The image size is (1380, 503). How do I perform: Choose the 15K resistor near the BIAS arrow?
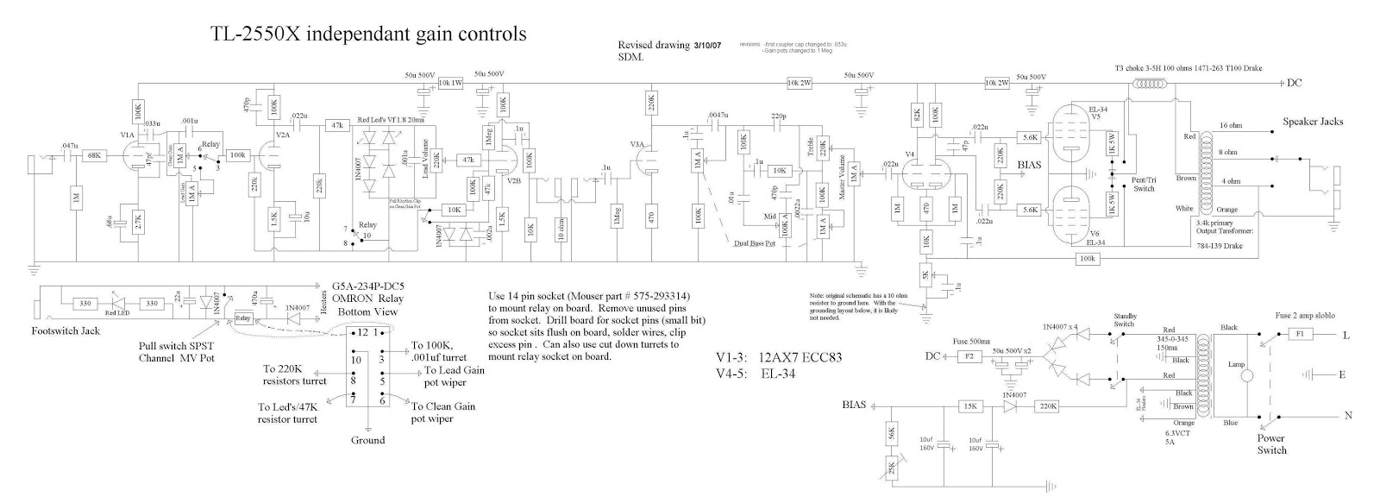point(969,406)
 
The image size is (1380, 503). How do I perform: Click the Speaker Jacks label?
point(1312,122)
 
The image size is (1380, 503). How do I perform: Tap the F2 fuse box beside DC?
point(969,355)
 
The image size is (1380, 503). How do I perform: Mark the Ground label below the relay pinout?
point(368,440)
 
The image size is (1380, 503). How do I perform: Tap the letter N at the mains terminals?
point(1346,415)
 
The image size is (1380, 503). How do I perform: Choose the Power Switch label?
point(1272,443)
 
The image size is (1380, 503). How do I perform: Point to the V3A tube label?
point(637,144)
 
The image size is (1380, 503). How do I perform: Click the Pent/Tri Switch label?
point(1144,185)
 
